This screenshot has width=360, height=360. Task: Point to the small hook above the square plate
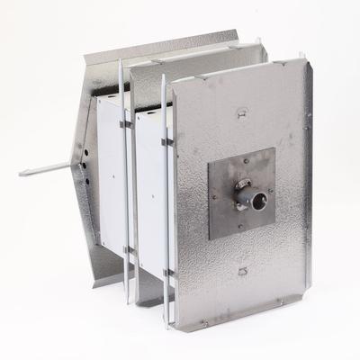[x=241, y=114]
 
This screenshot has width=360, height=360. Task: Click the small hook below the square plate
[x=242, y=271]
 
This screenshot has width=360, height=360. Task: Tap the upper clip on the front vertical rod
[x=166, y=141]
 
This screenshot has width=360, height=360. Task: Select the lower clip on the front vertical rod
[x=167, y=271]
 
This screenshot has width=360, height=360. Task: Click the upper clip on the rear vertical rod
[x=126, y=123]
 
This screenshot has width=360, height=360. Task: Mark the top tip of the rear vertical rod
[x=121, y=62]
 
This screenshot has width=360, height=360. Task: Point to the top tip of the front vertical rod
[x=163, y=77]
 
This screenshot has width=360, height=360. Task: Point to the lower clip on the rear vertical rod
[x=128, y=249]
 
